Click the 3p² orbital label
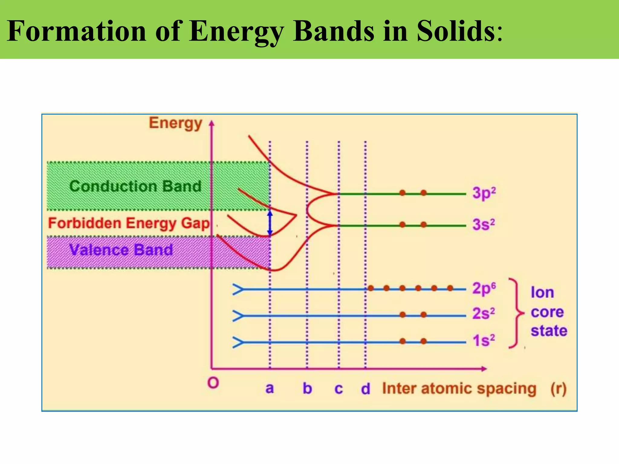484,193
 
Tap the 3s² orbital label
484,225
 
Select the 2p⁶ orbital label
484,288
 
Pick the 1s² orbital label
484,340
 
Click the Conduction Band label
135,186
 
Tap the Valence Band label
121,250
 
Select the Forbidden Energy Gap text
129,224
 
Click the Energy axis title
175,124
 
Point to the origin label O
213,383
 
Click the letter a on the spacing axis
270,388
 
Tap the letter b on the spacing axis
307,388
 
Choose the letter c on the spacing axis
339,389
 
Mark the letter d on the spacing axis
365,389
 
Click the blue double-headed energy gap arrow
270,223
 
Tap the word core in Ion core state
547,312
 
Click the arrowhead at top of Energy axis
212,123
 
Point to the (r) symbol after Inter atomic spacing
558,389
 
